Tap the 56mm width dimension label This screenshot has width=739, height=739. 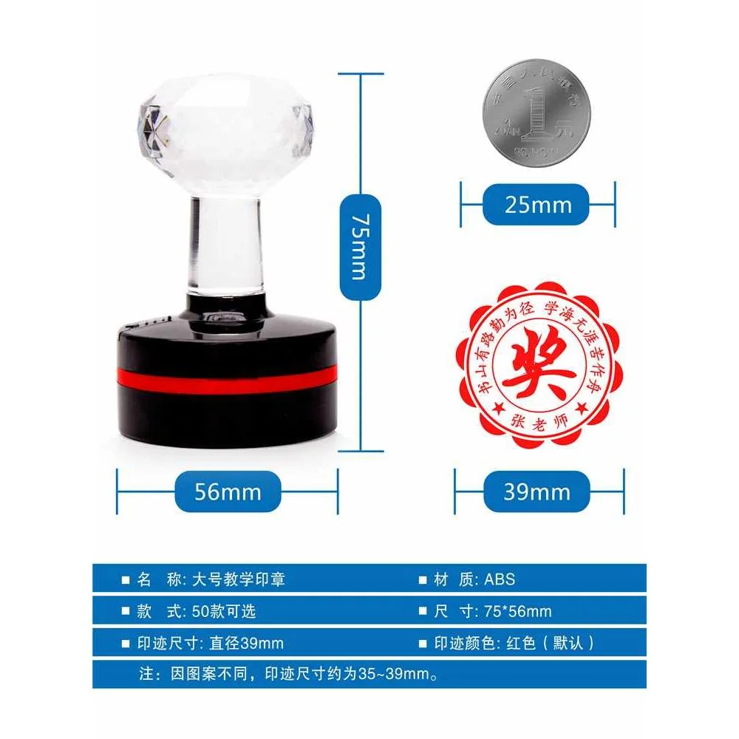click(228, 491)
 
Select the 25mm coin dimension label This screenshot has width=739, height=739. click(537, 204)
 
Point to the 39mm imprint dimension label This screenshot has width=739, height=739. click(537, 491)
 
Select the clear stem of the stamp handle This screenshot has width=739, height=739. click(225, 244)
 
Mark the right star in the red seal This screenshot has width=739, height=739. click(582, 407)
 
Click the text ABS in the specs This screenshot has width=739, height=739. click(500, 579)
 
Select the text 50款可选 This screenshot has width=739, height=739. click(223, 611)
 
